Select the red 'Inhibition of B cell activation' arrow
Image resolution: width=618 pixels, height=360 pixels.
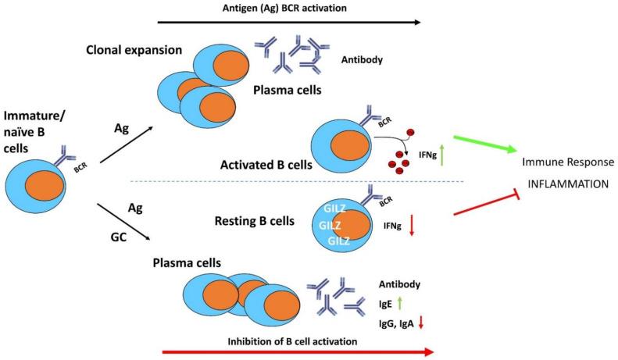(296, 351)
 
